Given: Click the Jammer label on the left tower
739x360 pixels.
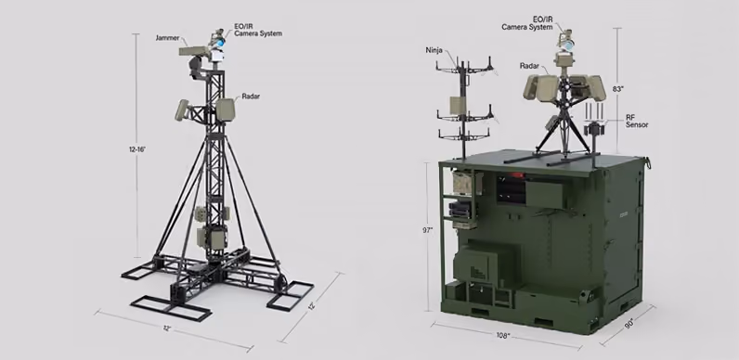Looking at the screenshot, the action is [168, 38].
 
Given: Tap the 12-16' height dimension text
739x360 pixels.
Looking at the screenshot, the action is [137, 148].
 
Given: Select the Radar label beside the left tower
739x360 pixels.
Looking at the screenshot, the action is [251, 96].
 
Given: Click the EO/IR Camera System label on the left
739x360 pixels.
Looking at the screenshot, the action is [258, 31].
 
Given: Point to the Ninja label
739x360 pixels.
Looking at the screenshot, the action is [434, 50].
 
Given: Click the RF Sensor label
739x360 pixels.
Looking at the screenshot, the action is [637, 121].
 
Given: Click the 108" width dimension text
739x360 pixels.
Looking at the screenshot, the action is [503, 336].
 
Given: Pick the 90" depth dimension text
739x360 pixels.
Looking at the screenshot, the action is [629, 324].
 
